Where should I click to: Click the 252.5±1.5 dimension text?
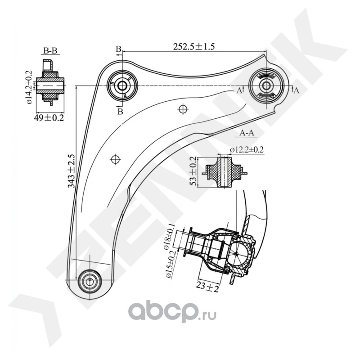coord(194,47)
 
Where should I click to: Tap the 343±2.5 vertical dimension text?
coord(72,171)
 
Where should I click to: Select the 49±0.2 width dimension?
coord(49,118)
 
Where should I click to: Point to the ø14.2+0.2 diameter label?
coord(30,87)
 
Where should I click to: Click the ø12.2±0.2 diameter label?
coord(247,150)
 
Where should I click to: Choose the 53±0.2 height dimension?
coord(193,171)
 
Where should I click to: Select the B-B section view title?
coord(50,50)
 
